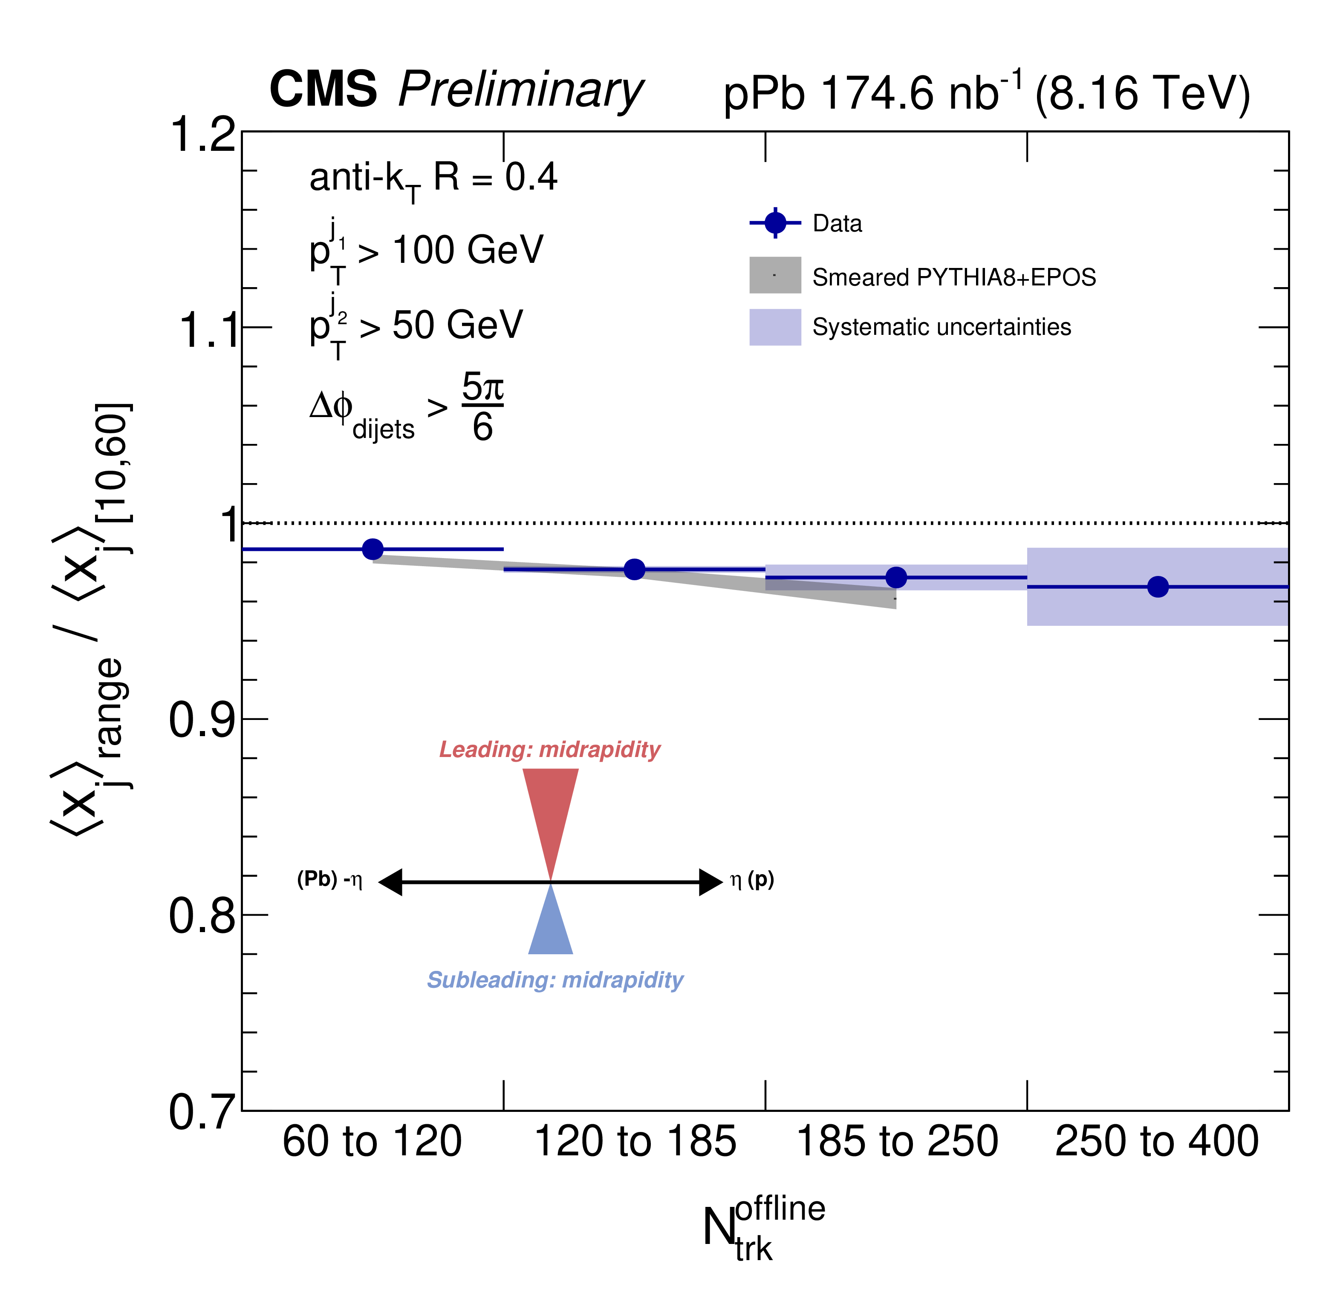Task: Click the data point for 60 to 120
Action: [x=372, y=549]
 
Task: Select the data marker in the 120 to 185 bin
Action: [x=635, y=569]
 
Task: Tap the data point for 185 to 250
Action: [x=896, y=577]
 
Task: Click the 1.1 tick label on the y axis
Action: [x=208, y=330]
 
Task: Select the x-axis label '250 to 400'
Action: [x=1157, y=1142]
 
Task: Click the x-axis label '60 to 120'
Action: [x=372, y=1142]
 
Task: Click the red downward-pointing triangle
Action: [x=551, y=810]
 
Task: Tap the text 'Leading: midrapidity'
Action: [x=549, y=750]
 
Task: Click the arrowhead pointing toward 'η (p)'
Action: [x=710, y=882]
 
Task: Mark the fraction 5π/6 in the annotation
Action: [x=482, y=406]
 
